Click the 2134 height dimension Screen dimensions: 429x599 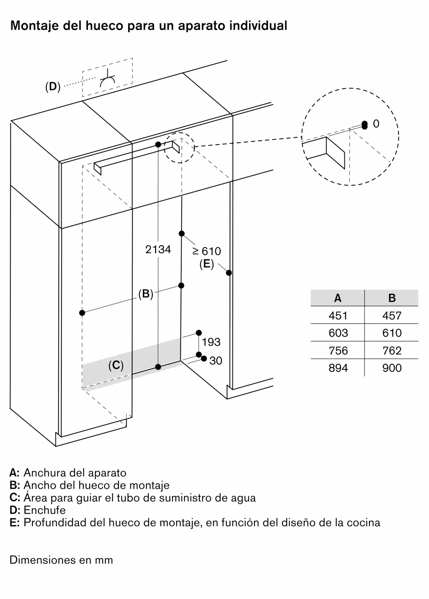point(158,249)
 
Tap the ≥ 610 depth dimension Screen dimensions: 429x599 point(207,251)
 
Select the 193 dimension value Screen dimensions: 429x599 point(211,342)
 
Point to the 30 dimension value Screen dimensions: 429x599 point(216,361)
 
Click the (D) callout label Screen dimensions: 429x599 point(53,87)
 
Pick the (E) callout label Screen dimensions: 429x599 point(207,264)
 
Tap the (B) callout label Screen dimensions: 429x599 point(146,294)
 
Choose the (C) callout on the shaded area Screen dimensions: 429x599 point(116,365)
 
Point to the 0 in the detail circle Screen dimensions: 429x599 point(376,124)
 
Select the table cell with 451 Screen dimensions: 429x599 point(338,316)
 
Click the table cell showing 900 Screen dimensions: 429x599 point(392,368)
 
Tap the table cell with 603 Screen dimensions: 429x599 point(338,333)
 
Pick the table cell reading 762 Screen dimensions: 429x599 point(392,350)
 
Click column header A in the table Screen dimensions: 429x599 point(338,298)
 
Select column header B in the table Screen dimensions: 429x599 point(392,298)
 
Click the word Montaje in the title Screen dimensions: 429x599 point(35,26)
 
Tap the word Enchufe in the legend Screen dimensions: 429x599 point(45,510)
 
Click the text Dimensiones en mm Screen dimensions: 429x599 point(61,560)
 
